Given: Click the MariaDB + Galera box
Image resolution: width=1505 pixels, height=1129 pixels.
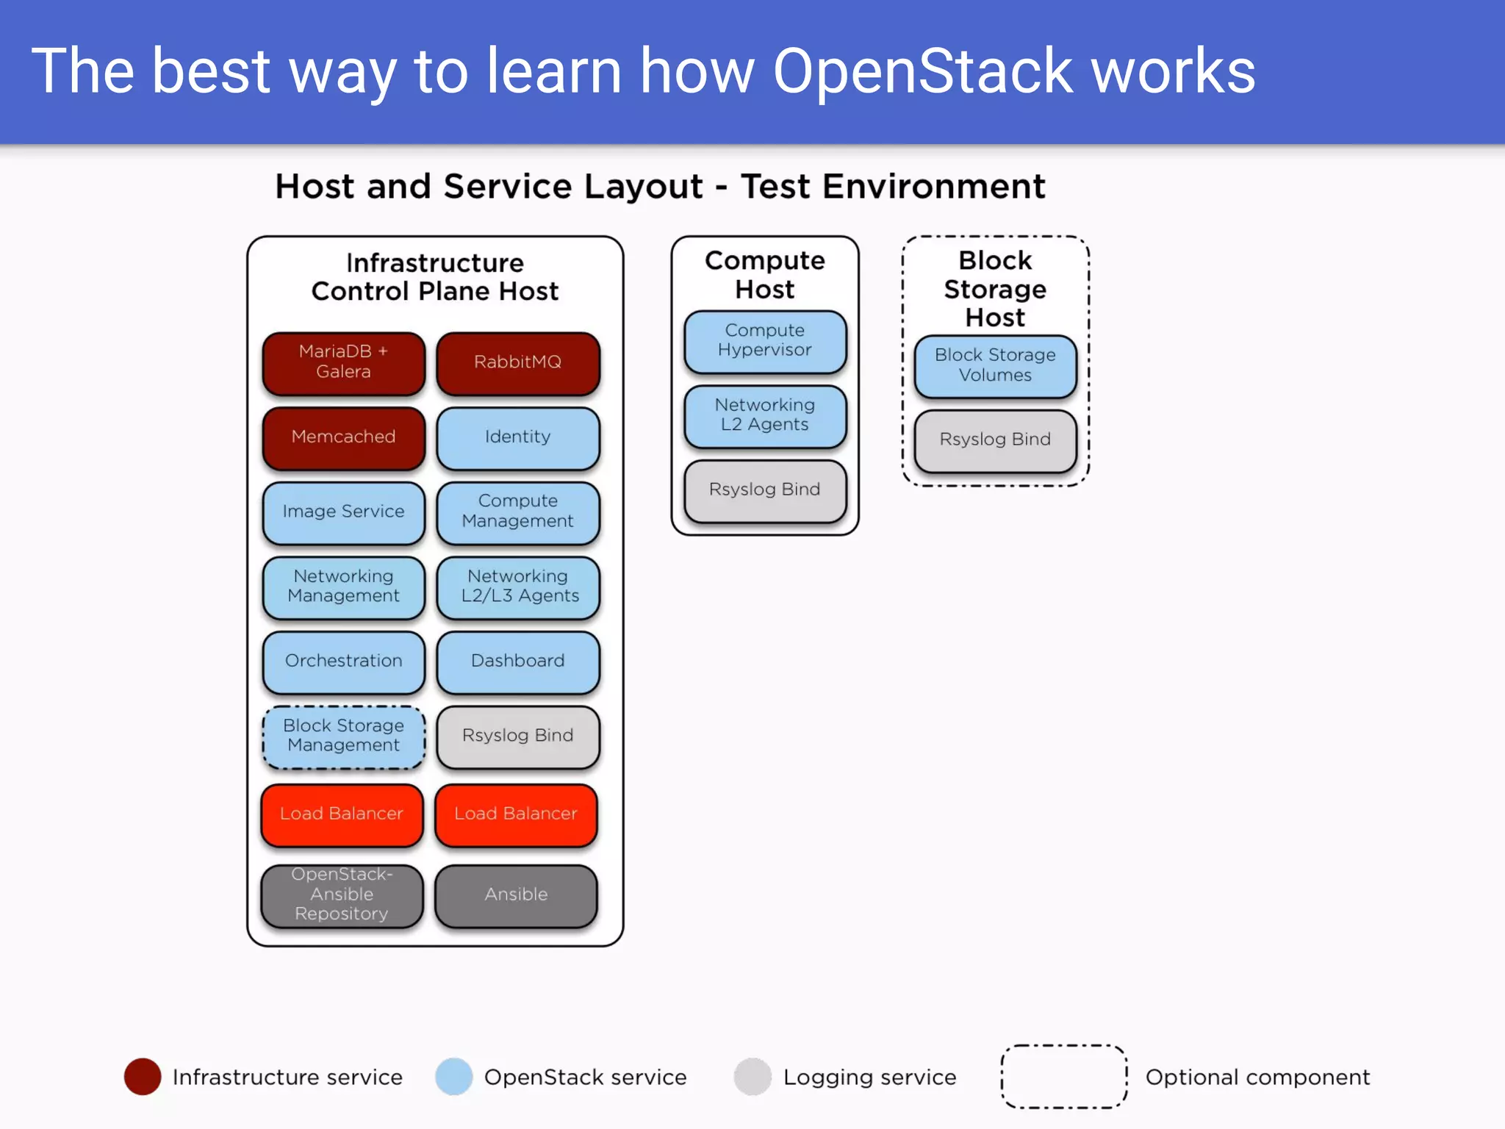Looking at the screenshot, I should [x=343, y=362].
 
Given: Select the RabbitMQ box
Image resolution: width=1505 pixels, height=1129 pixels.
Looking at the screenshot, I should [x=517, y=362].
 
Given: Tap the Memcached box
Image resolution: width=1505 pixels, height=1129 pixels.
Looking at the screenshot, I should [x=343, y=437].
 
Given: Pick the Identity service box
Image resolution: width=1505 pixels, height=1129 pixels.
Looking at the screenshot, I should [x=517, y=437].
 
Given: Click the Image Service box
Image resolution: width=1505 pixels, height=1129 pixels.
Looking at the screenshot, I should [x=343, y=512].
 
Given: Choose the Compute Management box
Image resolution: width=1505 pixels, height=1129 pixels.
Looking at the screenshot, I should [x=517, y=512].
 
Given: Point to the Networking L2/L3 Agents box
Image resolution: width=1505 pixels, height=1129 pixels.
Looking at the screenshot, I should [x=517, y=587].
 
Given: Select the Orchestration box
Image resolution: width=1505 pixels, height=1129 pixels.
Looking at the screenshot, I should [x=343, y=661].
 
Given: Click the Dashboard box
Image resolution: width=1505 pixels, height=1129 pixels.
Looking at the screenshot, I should [x=517, y=661].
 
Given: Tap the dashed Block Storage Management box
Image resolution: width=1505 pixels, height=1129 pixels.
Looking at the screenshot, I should [x=343, y=736].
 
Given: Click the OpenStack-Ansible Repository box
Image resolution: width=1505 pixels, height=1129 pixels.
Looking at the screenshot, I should [x=342, y=895].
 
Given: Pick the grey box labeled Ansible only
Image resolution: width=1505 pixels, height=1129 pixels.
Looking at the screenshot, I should [x=516, y=895].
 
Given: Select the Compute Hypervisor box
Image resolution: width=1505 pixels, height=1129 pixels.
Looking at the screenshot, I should [x=764, y=341].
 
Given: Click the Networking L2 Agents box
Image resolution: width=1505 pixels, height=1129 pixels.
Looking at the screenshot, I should [x=764, y=415].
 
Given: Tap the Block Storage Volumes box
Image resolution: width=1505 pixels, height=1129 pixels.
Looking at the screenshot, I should [x=995, y=365].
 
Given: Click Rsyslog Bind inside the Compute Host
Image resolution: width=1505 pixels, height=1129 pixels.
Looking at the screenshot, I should [x=764, y=490].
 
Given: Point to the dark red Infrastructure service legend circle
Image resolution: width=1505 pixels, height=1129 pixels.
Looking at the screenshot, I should [x=143, y=1077].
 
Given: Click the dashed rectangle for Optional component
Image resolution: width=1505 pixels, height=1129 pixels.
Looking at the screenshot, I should [x=1063, y=1077].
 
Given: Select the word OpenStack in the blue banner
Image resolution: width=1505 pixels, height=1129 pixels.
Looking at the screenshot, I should [x=922, y=71].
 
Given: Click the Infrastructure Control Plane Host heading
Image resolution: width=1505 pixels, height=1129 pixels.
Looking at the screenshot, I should [x=435, y=277].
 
